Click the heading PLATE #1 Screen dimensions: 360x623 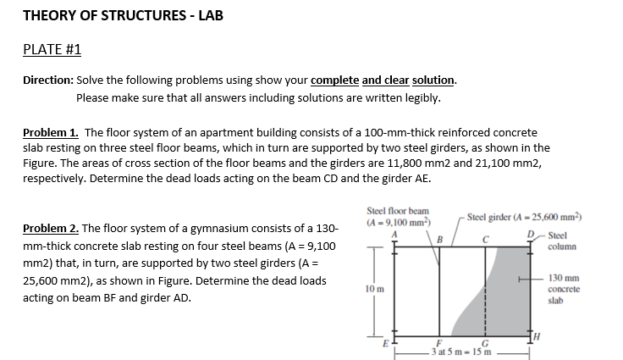pos(52,49)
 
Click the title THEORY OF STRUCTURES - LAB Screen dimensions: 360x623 pos(123,15)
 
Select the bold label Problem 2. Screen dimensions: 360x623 pos(50,229)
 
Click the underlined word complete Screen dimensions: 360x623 pos(335,81)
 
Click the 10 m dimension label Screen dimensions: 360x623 pos(372,289)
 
